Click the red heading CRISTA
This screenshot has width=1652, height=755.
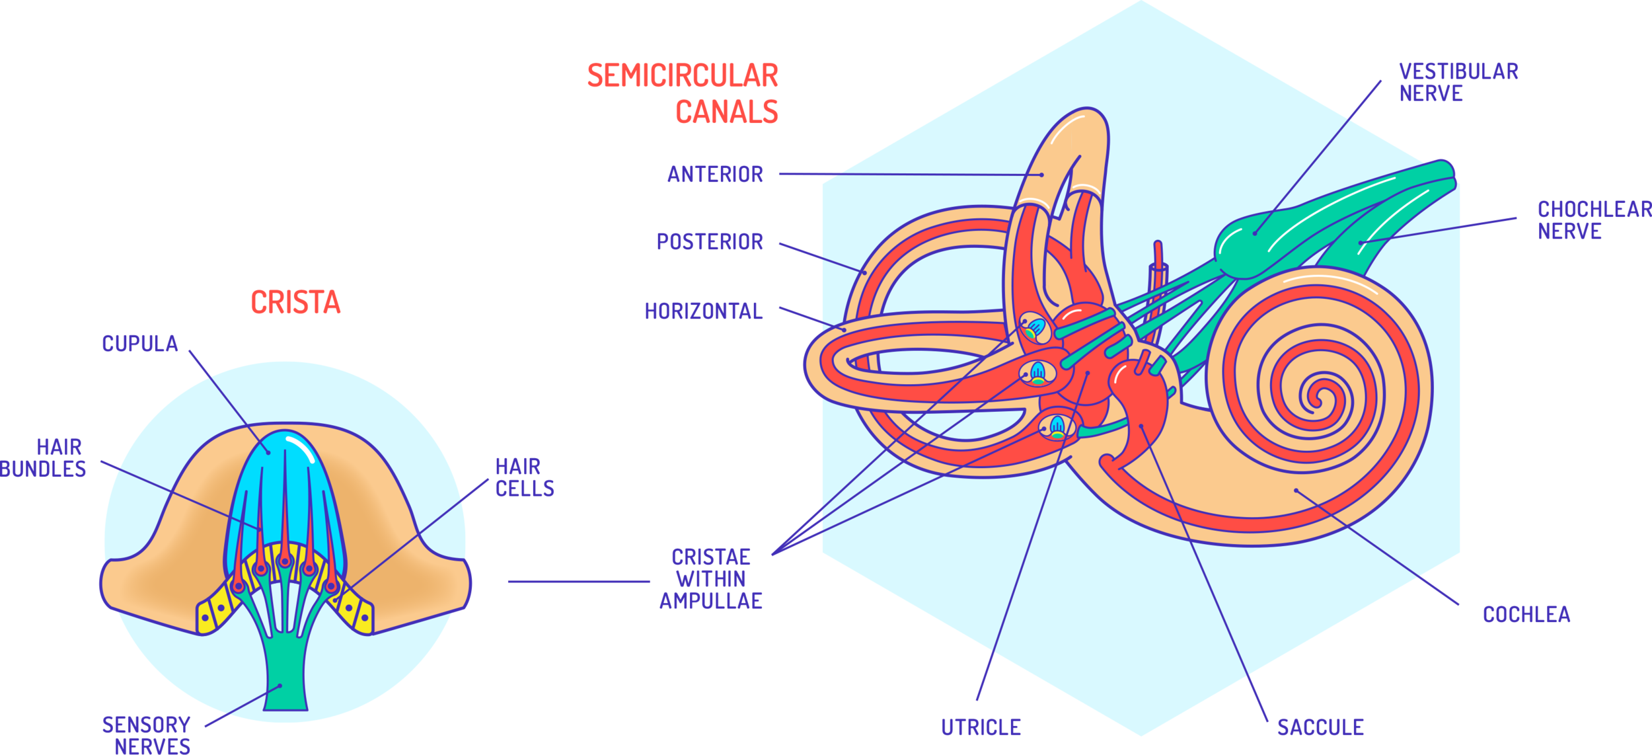point(295,303)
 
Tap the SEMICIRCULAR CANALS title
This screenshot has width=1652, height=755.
point(683,93)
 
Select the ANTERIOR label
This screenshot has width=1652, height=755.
point(715,175)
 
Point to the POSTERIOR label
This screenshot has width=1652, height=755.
point(710,242)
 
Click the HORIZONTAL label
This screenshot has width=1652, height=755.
point(704,311)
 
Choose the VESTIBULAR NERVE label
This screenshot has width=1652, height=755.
point(1458,82)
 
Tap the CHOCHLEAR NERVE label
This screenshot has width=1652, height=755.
point(1593,220)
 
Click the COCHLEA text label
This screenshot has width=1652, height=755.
point(1526,615)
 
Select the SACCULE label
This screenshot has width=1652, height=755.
point(1320,727)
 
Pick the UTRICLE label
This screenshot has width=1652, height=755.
point(981,727)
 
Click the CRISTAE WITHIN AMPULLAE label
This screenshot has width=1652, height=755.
point(711,578)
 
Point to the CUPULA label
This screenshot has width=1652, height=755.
point(140,344)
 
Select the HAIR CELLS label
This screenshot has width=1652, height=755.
point(524,477)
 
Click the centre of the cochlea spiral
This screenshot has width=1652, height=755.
point(1319,398)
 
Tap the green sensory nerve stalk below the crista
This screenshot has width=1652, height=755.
point(285,681)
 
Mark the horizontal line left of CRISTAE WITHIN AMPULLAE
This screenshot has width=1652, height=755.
point(579,581)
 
